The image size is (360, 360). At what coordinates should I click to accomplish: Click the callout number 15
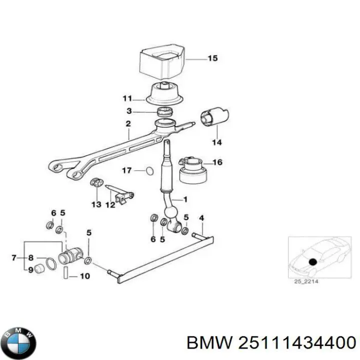pos(212,58)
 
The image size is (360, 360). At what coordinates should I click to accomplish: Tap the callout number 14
pos(216,142)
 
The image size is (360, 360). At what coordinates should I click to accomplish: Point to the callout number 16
pos(217,162)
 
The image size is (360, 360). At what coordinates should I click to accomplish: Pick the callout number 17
pos(127,170)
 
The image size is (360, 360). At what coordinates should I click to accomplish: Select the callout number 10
pos(85,275)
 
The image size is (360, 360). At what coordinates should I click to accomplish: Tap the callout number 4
pos(201,217)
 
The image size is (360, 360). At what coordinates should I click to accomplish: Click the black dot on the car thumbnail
pos(313,262)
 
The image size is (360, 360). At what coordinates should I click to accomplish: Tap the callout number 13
pos(96,204)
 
